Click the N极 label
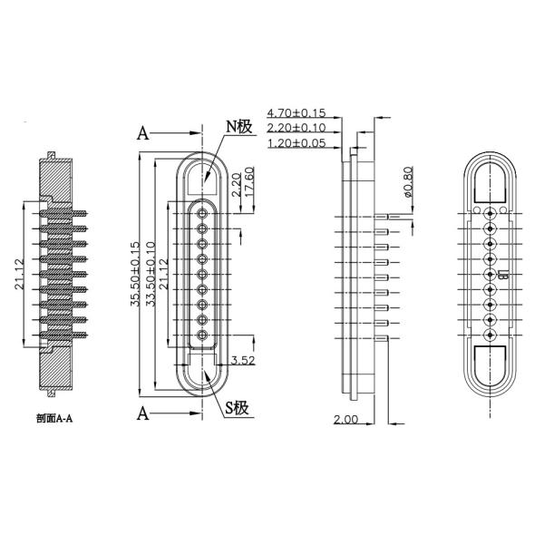[x=238, y=127]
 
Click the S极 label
[x=238, y=407]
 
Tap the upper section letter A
[x=142, y=133]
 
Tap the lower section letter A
[x=142, y=414]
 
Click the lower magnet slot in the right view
[x=491, y=361]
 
